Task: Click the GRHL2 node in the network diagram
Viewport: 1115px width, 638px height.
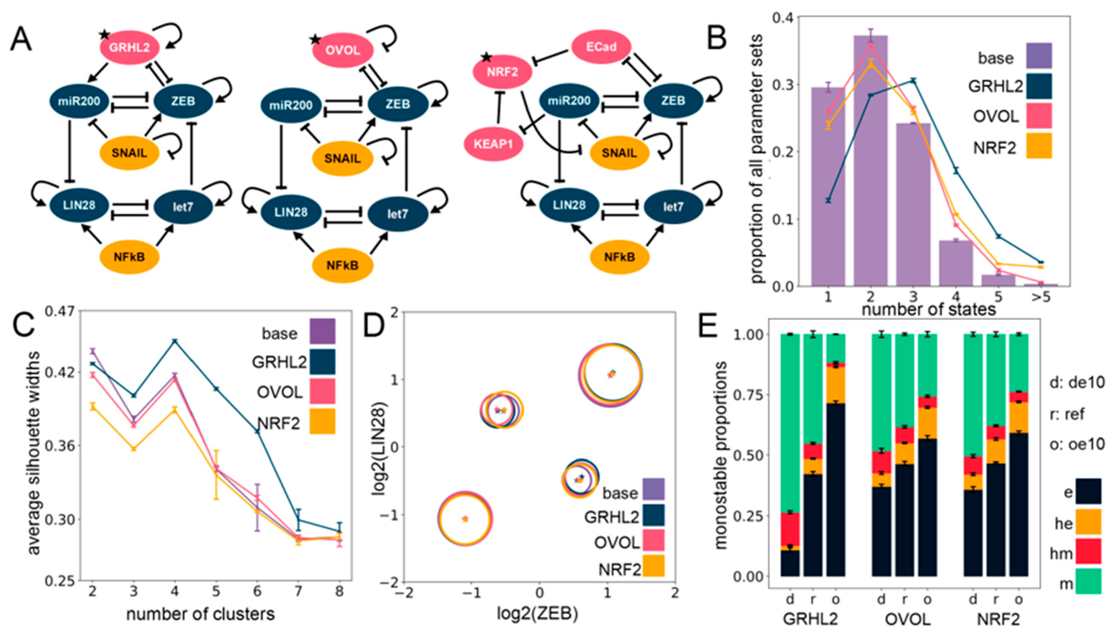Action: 129,47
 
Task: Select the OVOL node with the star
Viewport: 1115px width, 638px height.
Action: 342,50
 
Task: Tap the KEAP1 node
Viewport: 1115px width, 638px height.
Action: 493,144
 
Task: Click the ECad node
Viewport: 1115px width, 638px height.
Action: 601,47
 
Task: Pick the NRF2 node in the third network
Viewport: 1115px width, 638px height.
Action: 502,72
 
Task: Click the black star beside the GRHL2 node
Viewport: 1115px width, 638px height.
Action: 104,35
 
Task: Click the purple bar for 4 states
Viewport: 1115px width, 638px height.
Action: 956,263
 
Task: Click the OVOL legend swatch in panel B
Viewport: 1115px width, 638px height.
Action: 1039,116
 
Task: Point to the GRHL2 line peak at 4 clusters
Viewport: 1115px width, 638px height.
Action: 175,340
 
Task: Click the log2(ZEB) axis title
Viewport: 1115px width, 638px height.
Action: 537,613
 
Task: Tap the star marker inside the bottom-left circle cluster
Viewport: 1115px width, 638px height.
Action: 465,519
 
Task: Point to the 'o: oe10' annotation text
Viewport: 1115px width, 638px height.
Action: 1077,444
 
